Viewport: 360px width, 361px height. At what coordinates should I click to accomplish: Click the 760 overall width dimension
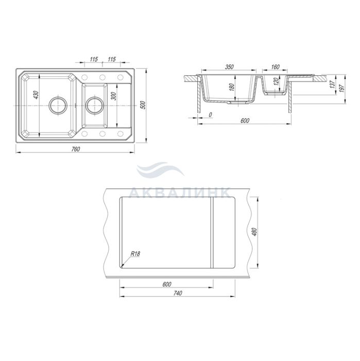coord(75,149)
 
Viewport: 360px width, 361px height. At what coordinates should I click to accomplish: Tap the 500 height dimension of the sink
coord(144,105)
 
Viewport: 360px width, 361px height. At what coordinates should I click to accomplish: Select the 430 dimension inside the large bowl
coord(37,95)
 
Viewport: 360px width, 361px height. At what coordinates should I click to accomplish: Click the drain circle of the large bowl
coord(58,105)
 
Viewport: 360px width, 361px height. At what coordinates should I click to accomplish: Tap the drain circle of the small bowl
coord(94,105)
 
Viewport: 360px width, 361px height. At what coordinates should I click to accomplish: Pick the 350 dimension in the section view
coord(229,67)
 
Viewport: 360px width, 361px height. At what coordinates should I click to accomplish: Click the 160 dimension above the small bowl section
coord(275,67)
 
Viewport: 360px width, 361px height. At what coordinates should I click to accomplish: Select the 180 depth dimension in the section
coord(232,87)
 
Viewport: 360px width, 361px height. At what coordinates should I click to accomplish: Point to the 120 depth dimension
coord(277,81)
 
